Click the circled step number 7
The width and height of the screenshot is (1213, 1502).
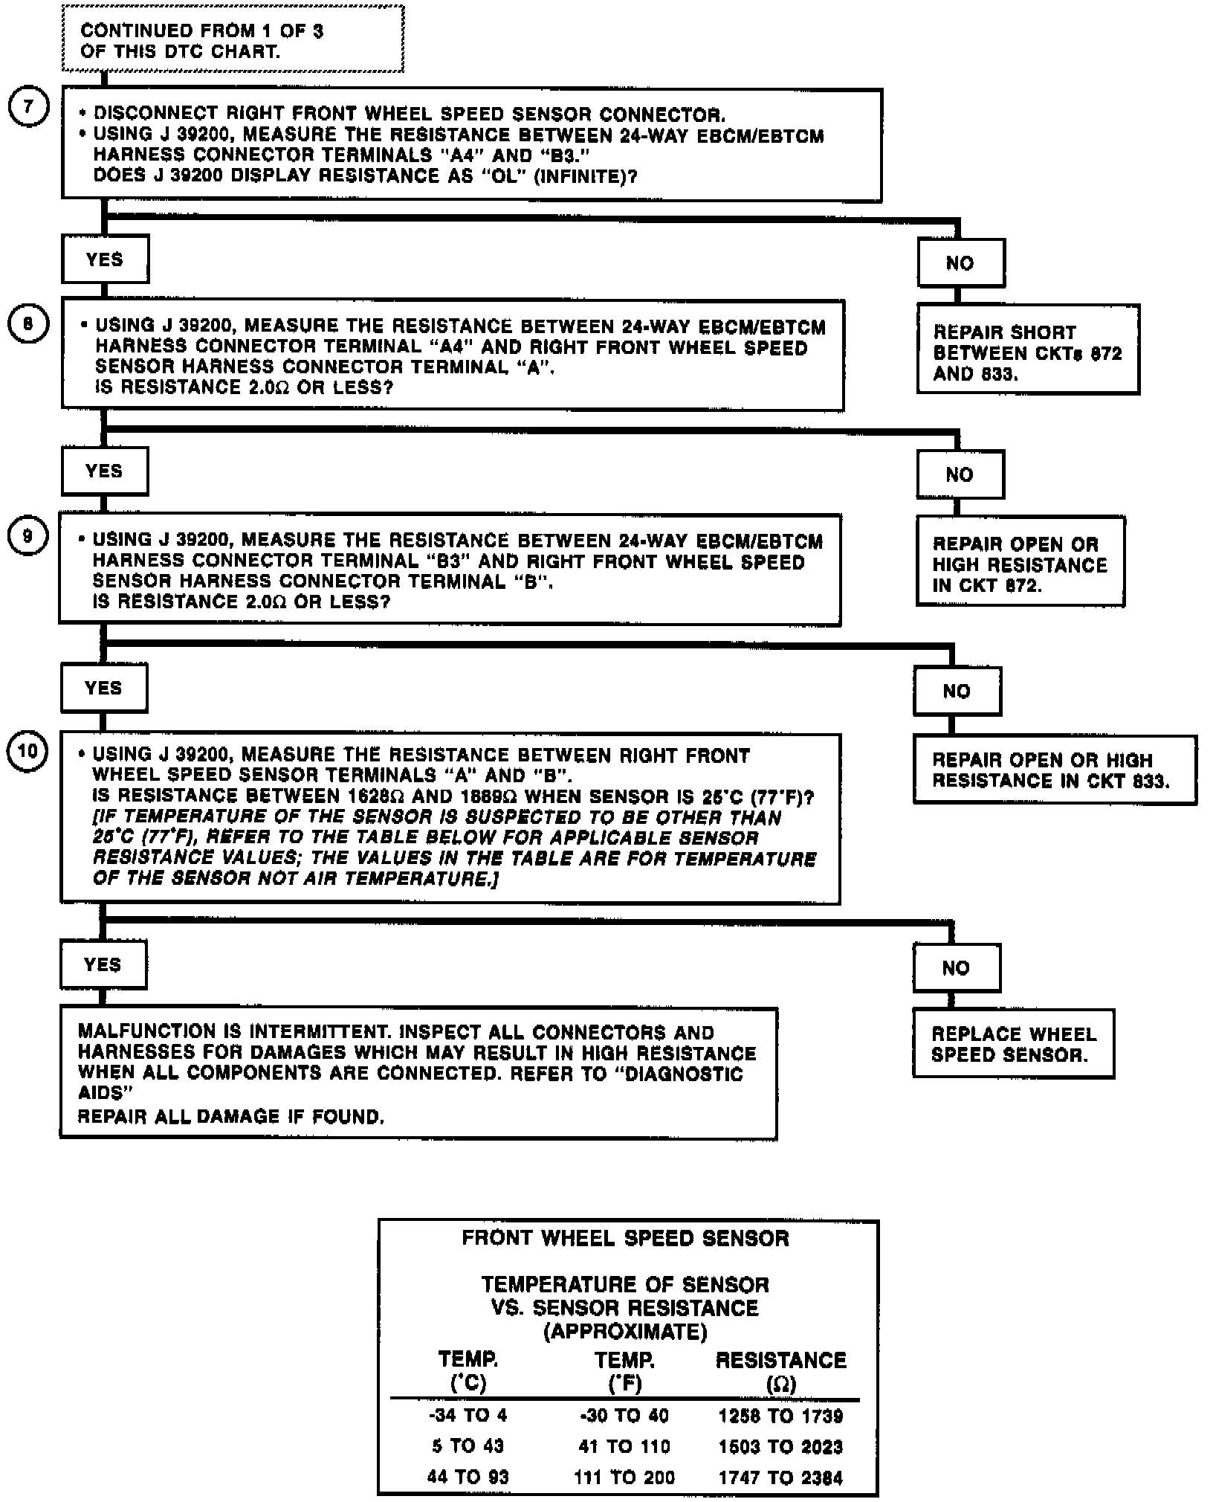28,107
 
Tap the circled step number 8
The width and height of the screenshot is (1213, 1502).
28,324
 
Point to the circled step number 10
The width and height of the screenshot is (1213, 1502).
27,752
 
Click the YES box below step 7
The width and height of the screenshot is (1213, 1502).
105,260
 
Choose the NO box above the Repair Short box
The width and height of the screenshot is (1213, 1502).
960,263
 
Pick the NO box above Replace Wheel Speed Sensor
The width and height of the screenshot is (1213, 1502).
956,968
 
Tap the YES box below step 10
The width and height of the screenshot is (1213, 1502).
103,965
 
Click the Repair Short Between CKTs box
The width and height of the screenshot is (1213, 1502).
1027,349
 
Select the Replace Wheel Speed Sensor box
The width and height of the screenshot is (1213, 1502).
1013,1044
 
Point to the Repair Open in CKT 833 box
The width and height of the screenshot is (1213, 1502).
1054,770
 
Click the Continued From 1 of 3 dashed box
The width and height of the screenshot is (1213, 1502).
232,40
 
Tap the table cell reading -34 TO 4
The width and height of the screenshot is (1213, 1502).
468,1415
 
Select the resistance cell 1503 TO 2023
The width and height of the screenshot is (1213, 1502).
780,1446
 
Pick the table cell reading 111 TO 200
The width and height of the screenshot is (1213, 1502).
624,1477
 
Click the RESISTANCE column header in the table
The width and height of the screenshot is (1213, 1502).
780,1360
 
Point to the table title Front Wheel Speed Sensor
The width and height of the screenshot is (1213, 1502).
625,1238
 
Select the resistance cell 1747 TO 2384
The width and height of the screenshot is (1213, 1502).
780,1477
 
